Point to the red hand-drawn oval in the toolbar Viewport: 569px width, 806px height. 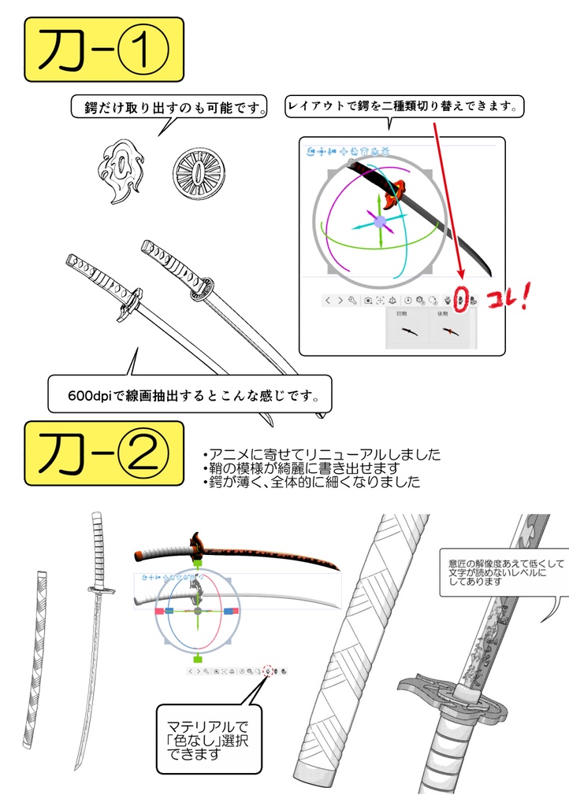pyautogui.click(x=463, y=299)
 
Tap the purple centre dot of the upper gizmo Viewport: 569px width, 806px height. pyautogui.click(x=380, y=223)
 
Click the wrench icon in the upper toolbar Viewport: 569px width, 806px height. pyautogui.click(x=352, y=300)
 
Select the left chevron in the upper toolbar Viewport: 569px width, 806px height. pyautogui.click(x=329, y=300)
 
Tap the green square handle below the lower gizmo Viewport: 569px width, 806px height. pyautogui.click(x=198, y=659)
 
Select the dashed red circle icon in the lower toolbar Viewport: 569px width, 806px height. pyautogui.click(x=267, y=671)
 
